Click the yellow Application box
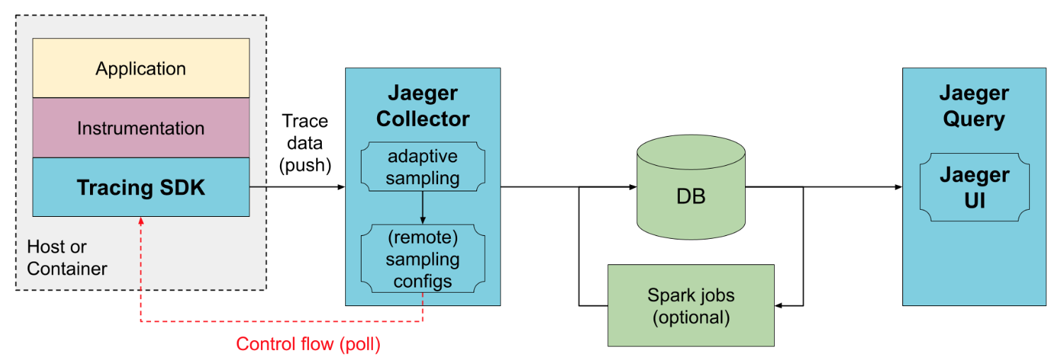[x=141, y=69]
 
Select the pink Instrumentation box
[x=141, y=128]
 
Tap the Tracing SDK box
[x=141, y=187]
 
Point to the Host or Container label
[x=67, y=258]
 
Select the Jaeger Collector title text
[x=422, y=106]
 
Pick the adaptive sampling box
[x=422, y=167]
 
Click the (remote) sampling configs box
[x=422, y=259]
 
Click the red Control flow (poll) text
[x=308, y=344]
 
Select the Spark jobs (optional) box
[x=691, y=305]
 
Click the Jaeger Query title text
[x=974, y=106]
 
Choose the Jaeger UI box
[x=974, y=187]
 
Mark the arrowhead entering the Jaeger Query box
[x=898, y=187]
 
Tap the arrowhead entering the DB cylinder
[x=632, y=187]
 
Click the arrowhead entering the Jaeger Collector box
[x=341, y=187]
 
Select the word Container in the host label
[x=67, y=269]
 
